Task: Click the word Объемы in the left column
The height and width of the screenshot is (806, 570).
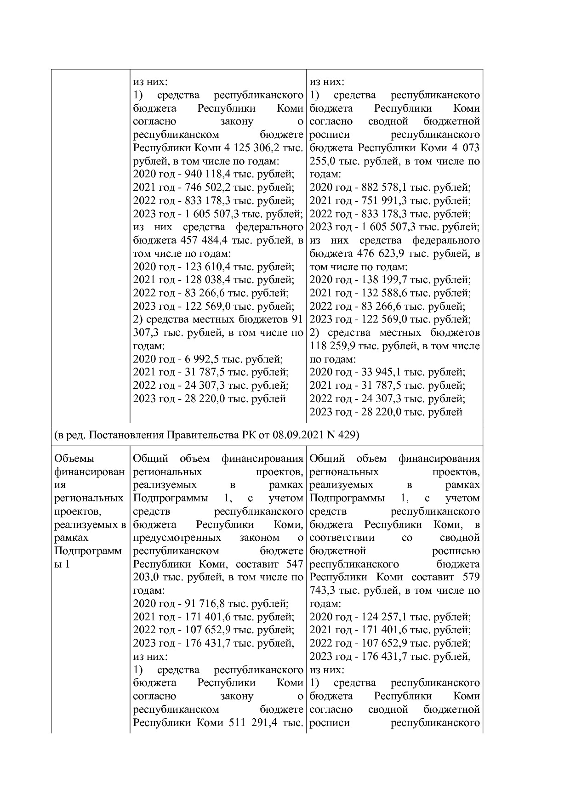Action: [x=71, y=459]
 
